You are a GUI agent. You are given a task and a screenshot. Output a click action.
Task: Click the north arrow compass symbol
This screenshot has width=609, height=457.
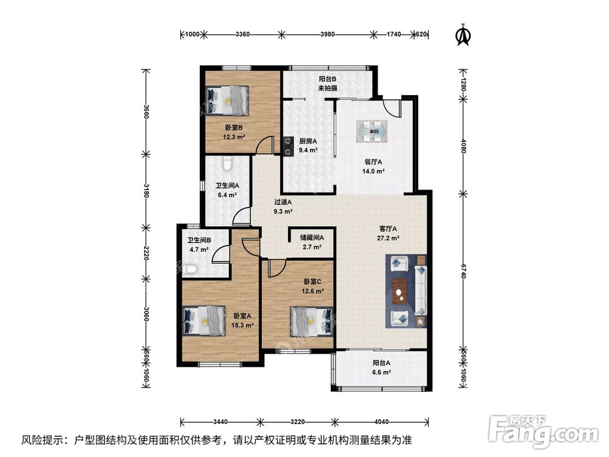click(463, 35)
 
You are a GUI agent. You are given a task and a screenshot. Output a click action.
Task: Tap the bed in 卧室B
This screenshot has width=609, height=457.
click(227, 101)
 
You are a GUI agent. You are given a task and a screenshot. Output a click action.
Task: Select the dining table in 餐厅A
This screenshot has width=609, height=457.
click(372, 131)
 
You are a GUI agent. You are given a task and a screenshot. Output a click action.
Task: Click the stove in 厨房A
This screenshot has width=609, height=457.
click(288, 146)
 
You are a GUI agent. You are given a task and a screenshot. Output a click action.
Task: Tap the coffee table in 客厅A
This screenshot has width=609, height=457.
click(399, 291)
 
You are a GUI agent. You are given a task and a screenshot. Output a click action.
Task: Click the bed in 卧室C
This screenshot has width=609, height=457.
click(311, 321)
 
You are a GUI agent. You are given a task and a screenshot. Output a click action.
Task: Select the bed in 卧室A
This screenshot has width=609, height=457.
click(204, 321)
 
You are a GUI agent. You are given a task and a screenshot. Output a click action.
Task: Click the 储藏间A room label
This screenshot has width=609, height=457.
click(311, 238)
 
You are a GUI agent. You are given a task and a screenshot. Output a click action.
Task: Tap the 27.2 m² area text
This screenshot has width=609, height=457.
click(388, 238)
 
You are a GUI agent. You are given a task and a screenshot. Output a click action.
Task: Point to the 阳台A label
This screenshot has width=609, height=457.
click(381, 363)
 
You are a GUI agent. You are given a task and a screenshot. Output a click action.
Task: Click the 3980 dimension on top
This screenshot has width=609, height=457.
click(328, 34)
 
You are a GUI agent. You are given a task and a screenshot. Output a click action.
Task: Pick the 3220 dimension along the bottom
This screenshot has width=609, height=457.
click(298, 422)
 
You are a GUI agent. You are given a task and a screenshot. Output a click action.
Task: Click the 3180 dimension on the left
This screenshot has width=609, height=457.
click(146, 190)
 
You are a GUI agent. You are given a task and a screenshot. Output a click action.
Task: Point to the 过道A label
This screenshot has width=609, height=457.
click(283, 202)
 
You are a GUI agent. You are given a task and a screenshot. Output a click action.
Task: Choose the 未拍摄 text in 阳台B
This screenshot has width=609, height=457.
click(328, 88)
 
